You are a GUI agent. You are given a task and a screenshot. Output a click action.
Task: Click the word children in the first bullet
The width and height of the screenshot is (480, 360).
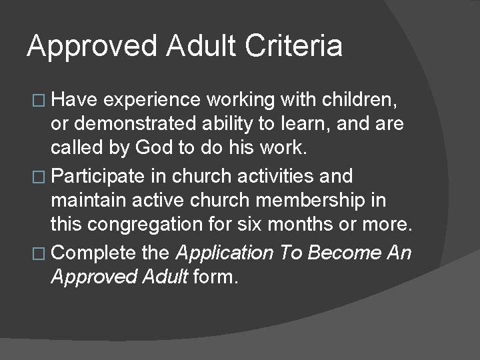click(358, 101)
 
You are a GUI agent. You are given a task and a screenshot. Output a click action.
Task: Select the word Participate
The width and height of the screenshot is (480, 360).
click(98, 177)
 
